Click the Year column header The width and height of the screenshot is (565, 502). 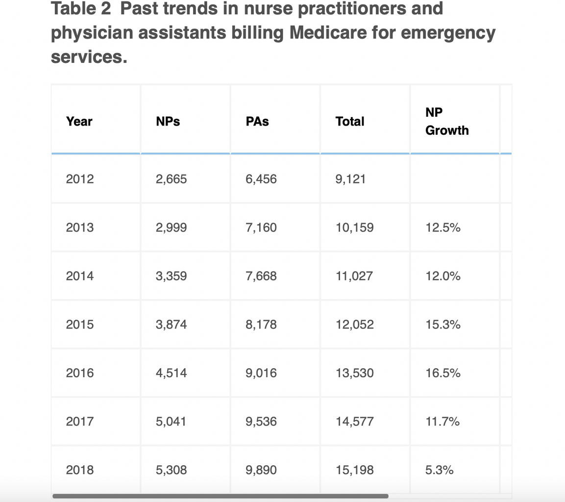click(79, 121)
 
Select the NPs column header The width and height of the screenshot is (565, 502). click(168, 121)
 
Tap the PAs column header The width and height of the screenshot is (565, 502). click(257, 121)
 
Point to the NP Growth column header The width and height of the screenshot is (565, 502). click(447, 121)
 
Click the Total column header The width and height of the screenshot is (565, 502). click(350, 121)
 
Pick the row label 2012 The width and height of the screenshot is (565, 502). click(80, 179)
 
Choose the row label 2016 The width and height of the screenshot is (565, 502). click(80, 373)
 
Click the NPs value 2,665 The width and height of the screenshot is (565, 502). click(171, 179)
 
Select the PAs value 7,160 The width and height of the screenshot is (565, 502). click(261, 227)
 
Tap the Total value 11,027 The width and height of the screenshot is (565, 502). click(354, 276)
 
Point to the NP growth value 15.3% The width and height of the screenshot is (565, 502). click(443, 325)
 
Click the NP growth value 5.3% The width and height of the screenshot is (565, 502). click(440, 470)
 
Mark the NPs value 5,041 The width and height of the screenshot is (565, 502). click(171, 422)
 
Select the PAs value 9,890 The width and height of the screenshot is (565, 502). click(261, 470)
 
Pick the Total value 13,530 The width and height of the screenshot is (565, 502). click(355, 373)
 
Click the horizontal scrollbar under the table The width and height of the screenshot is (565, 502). click(220, 496)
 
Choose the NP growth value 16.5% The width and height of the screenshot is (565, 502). click(443, 373)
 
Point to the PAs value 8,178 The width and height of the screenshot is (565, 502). click(261, 325)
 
